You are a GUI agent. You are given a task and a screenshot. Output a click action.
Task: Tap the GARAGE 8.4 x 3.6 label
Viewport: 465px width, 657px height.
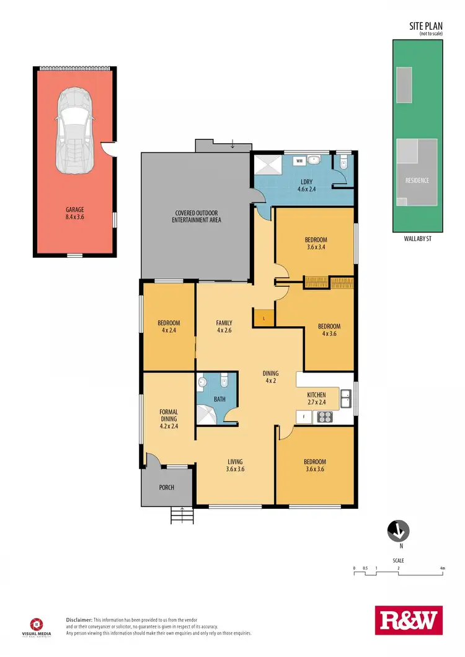click(74, 213)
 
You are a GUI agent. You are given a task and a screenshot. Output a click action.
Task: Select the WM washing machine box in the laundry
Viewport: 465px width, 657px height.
click(299, 161)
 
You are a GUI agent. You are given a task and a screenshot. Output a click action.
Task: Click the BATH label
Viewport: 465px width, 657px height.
click(219, 400)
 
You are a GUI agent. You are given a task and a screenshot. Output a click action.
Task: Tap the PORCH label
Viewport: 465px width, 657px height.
click(167, 488)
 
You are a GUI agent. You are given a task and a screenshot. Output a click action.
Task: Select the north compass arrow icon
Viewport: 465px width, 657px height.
click(397, 531)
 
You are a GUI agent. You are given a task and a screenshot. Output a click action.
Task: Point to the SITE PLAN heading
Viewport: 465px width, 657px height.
click(425, 26)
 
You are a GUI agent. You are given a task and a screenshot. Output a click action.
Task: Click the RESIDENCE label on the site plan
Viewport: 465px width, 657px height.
click(417, 180)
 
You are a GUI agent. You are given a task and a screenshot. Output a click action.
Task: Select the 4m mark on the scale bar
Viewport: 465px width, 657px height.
click(442, 568)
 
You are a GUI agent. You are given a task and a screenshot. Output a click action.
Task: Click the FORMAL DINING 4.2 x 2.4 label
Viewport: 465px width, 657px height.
click(169, 419)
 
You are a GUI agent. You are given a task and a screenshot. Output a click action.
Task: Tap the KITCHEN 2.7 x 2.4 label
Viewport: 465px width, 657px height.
click(316, 399)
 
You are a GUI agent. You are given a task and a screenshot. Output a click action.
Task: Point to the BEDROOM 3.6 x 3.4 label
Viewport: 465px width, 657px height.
click(316, 244)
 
